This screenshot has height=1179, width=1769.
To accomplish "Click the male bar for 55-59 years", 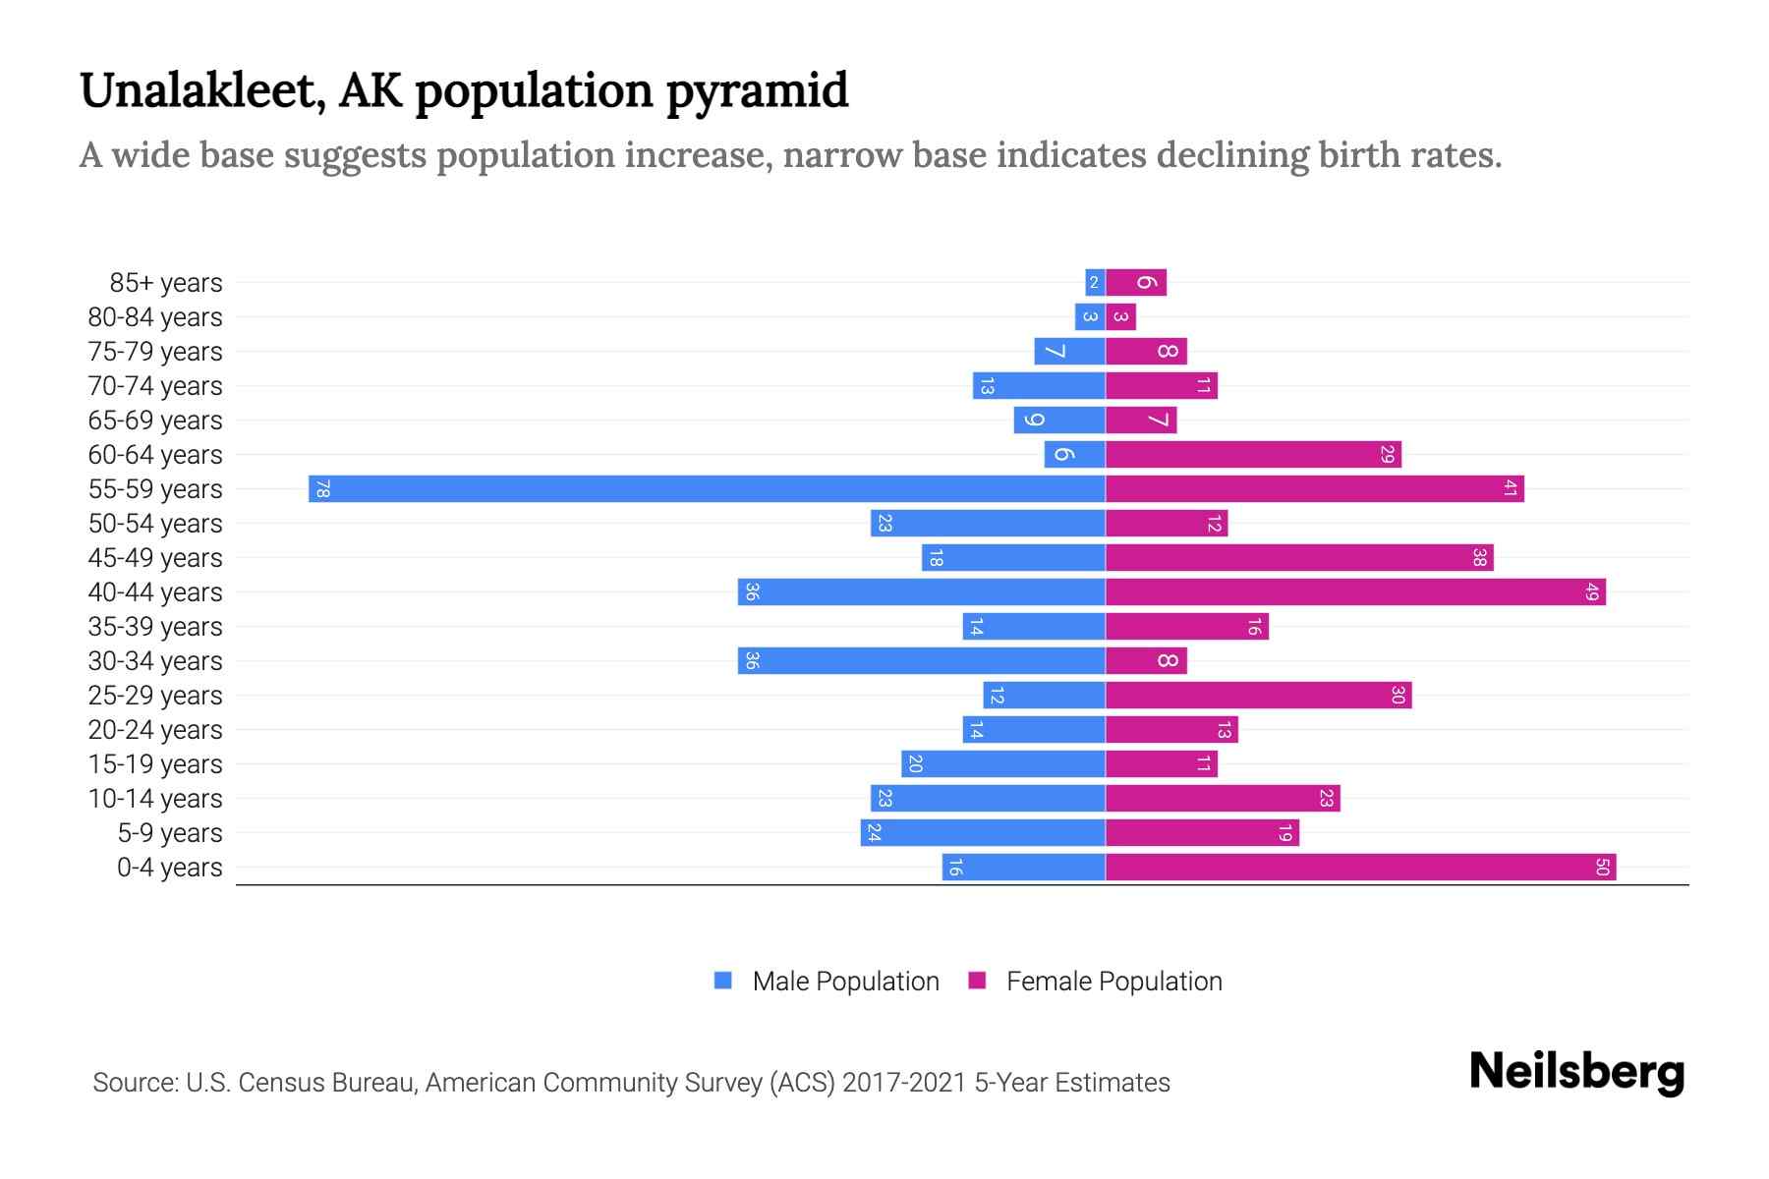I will [708, 488].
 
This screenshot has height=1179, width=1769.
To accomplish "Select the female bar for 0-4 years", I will [1360, 867].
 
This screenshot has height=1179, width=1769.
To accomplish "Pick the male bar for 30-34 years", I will [922, 660].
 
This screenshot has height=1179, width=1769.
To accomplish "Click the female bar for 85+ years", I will [1136, 282].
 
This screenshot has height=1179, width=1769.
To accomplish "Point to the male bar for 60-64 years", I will [1074, 454].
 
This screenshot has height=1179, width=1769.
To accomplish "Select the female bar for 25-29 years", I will [1258, 695].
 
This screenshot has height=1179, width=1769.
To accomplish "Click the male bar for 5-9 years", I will [983, 832].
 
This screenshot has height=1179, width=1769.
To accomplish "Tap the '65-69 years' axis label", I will [155, 421].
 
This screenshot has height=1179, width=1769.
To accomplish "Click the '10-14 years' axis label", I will [155, 799].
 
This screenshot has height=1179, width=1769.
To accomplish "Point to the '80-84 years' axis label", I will [155, 317].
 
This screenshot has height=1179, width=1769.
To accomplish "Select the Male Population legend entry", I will [827, 981].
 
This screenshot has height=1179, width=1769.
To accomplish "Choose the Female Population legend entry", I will [1095, 981].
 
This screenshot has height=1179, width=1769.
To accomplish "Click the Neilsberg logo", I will [1576, 1072].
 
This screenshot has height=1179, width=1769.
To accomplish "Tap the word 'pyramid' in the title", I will [757, 92].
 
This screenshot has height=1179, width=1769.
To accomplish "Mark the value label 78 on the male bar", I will [322, 488].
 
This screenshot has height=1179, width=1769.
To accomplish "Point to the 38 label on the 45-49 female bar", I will [1479, 557].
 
